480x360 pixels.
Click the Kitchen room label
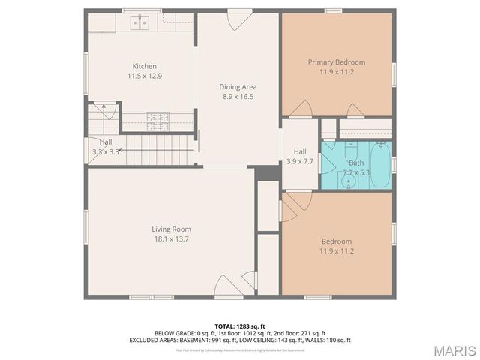tap(145, 66)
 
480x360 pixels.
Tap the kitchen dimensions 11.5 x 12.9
tap(145, 76)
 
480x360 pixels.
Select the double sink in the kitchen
tap(140, 23)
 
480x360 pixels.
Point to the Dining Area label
tap(238, 86)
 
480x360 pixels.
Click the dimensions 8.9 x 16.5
tap(238, 96)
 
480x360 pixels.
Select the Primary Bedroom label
tap(337, 61)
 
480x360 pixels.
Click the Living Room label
tap(171, 229)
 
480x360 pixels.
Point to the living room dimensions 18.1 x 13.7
tap(171, 238)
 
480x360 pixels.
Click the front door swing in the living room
tap(229, 286)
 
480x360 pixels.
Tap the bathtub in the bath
tap(379, 164)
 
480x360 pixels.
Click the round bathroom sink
tap(352, 181)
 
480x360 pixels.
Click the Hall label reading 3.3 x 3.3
tap(106, 146)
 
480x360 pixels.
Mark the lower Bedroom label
tap(337, 241)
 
